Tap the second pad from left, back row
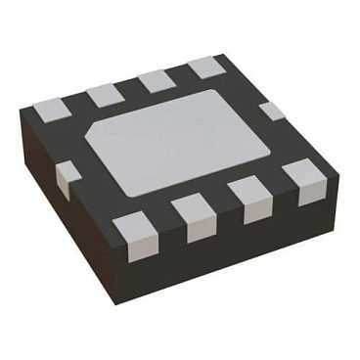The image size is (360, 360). (104, 95)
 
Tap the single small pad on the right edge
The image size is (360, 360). (273, 111)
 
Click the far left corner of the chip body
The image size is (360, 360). (24, 121)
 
